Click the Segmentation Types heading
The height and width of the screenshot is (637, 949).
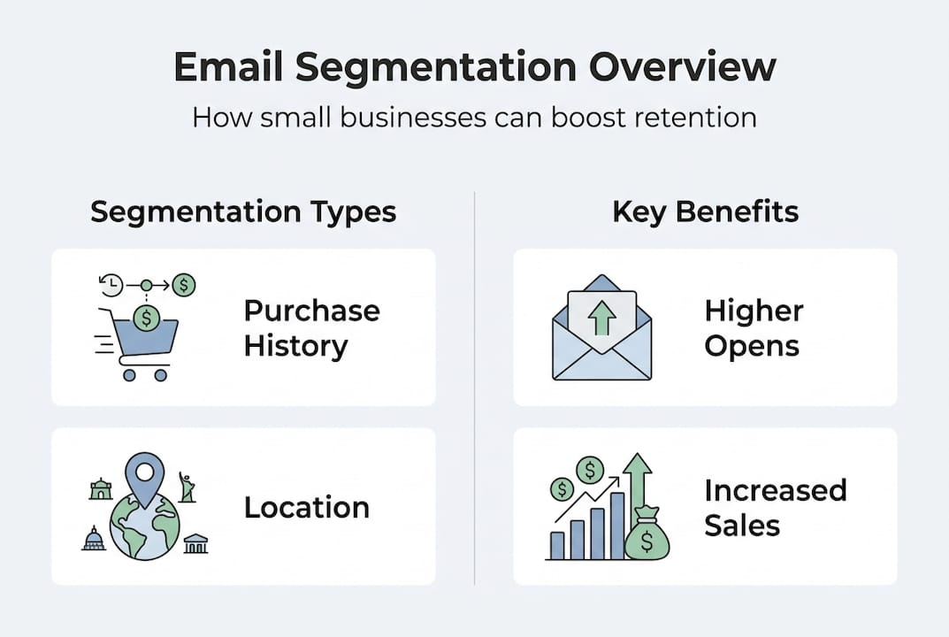pos(243,212)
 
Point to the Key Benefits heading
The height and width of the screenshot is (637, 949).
pos(705,212)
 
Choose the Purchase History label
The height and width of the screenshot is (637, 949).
pos(311,328)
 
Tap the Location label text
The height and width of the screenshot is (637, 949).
pos(306,508)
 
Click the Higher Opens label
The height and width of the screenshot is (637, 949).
pos(754,328)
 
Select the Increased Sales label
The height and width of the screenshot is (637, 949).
pos(775,508)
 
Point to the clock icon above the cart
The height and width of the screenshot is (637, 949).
pos(111,285)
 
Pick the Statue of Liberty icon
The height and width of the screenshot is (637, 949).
pos(187,487)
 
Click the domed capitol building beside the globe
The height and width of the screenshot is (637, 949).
pos(94,538)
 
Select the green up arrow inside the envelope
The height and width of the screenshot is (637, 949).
pos(601,316)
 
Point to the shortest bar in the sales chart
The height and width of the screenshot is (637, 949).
pos(557,545)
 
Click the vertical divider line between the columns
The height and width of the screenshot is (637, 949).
pos(475,389)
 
